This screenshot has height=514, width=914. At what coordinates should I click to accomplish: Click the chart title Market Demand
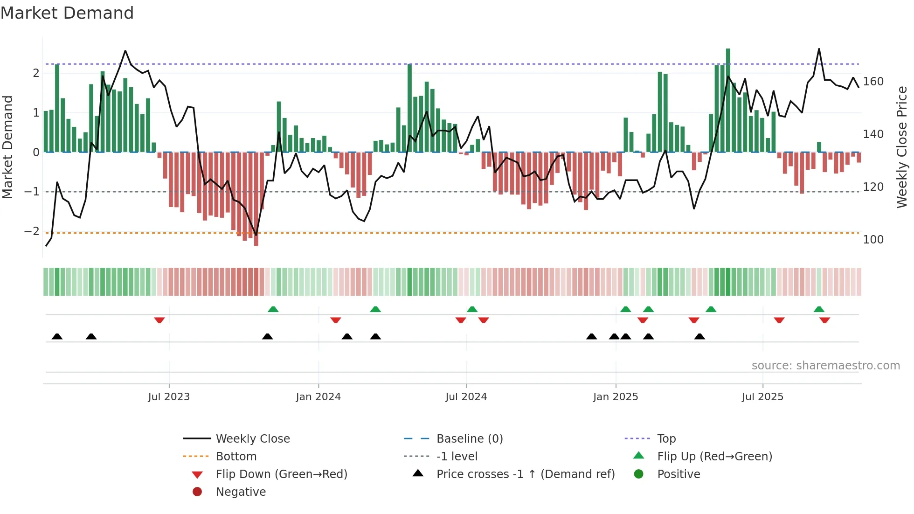point(67,13)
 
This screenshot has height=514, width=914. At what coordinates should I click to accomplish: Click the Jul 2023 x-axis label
point(169,397)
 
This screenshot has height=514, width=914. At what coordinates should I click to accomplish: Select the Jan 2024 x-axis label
point(319,397)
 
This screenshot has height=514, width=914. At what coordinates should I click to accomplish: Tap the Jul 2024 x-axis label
point(466,397)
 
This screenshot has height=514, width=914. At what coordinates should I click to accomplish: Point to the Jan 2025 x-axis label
point(616,397)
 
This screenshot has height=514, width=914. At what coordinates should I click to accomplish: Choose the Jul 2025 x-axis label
point(763,397)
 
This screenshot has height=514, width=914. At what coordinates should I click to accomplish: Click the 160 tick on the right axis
point(873,82)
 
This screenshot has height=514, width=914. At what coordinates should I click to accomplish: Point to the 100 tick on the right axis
point(873,240)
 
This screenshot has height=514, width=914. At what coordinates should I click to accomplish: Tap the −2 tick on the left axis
point(32,231)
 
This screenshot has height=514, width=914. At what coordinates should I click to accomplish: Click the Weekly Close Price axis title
point(902,147)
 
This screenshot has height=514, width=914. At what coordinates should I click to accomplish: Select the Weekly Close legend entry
point(253,439)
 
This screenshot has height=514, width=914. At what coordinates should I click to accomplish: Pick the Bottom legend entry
point(236,457)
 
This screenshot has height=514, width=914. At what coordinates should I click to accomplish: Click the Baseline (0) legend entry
point(470,439)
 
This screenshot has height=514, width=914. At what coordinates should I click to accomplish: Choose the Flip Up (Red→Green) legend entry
point(714,457)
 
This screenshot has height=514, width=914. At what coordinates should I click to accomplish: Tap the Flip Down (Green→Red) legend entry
point(281,474)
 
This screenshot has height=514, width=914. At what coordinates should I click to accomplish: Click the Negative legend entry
point(241,492)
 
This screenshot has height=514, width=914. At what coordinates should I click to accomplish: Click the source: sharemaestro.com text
point(825,366)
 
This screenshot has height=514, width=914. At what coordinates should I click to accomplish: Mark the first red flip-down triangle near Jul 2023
point(159,320)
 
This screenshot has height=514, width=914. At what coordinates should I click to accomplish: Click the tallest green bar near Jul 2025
point(728,100)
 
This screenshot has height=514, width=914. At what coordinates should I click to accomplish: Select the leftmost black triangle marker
point(57,336)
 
